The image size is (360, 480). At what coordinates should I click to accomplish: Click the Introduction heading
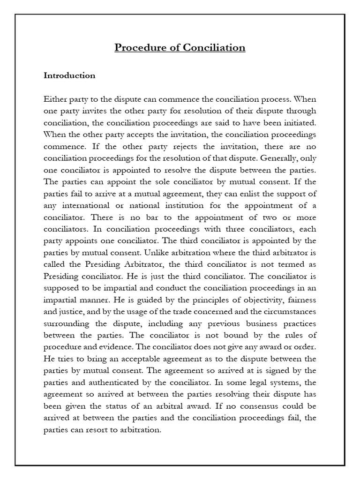point(69,75)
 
